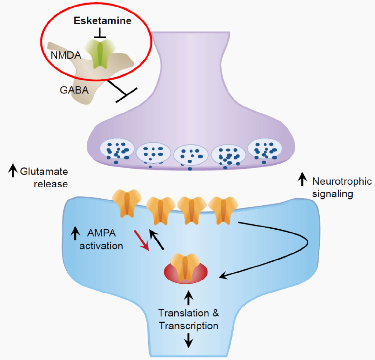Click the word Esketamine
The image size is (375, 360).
pos(102,21)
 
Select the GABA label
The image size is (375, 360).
pos(74,90)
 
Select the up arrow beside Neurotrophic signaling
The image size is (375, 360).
pos(302,179)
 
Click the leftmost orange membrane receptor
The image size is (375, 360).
pos(126,203)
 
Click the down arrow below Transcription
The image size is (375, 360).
pos(188,340)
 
